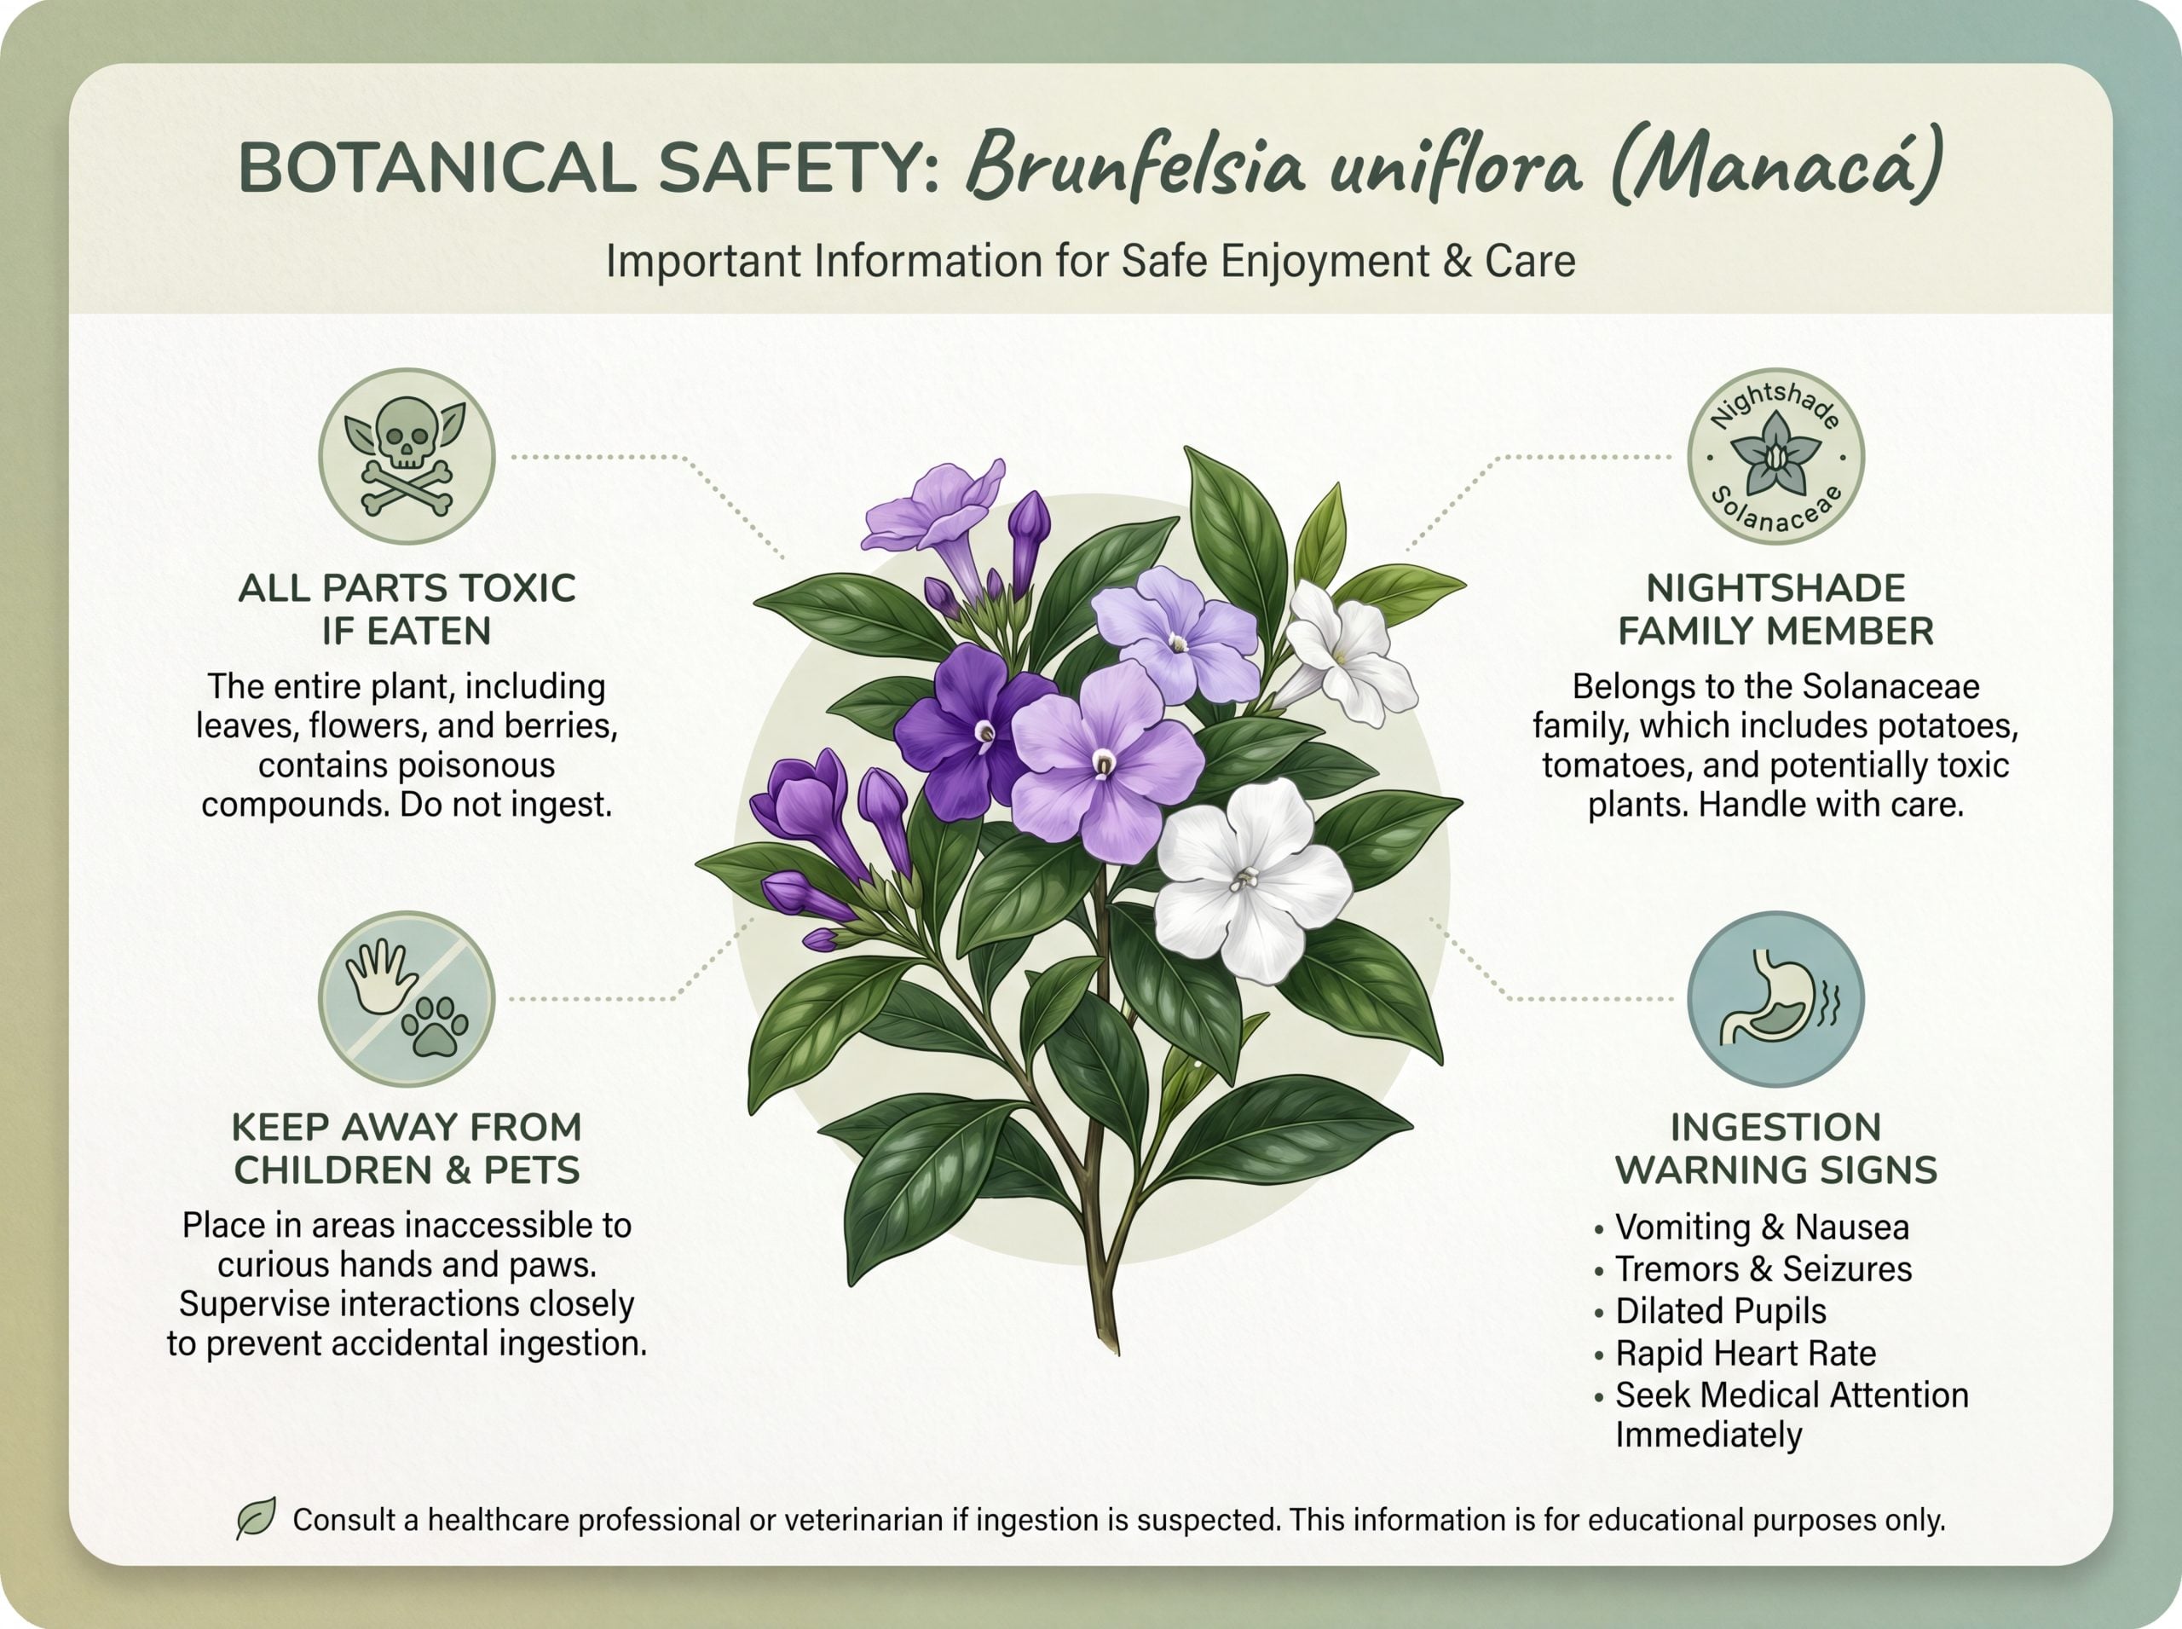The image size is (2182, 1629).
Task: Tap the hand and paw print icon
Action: pos(407,998)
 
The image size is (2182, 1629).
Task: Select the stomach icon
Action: pos(1775,998)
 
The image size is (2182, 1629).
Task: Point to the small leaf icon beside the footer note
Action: pos(257,1518)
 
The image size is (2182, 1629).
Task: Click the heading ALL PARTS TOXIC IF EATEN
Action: pos(407,609)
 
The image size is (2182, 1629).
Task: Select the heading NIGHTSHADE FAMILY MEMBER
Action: pos(1775,609)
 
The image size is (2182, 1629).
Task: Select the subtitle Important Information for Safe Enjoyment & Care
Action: pos(1090,262)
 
